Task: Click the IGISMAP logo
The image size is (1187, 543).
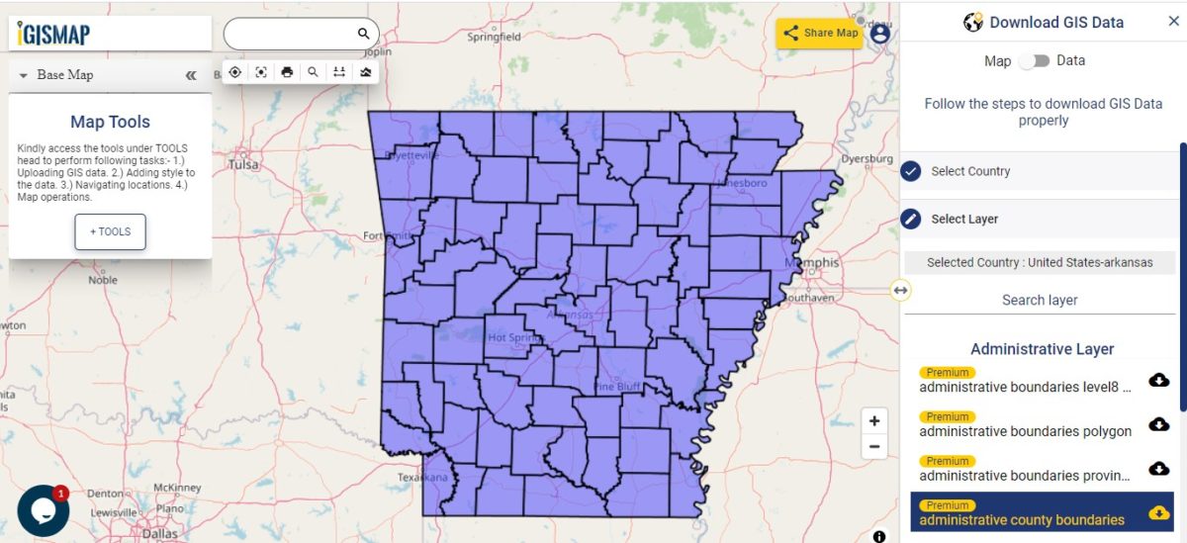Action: coord(55,35)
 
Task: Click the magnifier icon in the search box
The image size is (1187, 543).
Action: coord(363,34)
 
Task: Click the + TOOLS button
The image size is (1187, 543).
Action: coord(110,231)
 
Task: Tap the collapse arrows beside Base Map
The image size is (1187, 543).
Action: coord(191,75)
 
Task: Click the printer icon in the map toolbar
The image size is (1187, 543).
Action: coord(287,72)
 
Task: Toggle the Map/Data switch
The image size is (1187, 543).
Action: coord(1034,61)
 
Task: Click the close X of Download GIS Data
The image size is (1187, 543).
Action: coord(1173,22)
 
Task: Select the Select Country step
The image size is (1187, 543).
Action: coord(970,171)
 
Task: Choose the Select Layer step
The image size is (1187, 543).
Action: coord(964,220)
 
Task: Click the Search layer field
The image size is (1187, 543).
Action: coord(1040,300)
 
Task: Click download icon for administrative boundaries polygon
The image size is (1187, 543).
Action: coord(1158,424)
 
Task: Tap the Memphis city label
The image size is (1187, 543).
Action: coord(811,263)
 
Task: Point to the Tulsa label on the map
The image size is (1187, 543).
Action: coord(242,165)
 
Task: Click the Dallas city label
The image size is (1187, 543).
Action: coord(159,533)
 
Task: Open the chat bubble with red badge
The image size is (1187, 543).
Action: coord(43,510)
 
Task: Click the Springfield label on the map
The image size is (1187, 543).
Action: coord(494,37)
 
